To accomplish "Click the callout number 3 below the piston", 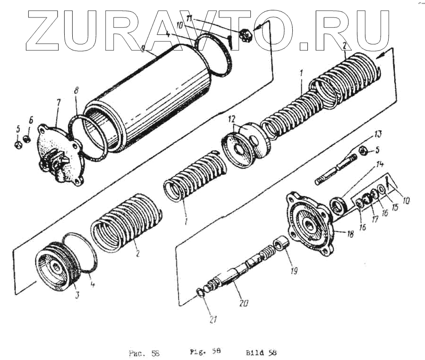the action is click(77, 295).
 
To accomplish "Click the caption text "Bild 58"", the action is click(261, 352).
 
